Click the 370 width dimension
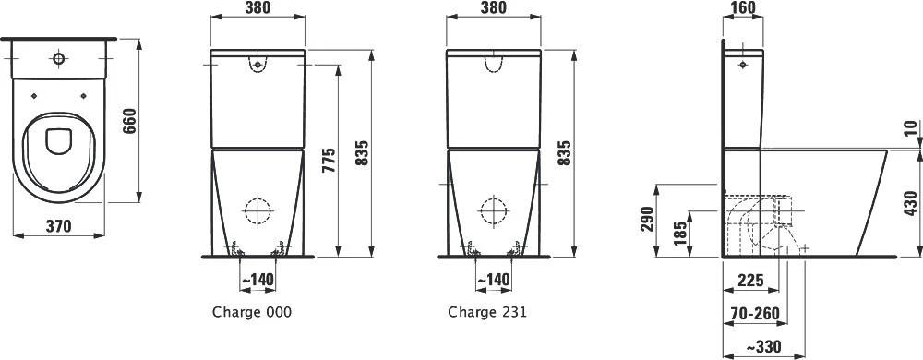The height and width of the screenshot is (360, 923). (x=58, y=225)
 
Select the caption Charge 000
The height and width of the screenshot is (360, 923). (x=251, y=312)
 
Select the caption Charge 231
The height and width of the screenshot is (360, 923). (x=486, y=312)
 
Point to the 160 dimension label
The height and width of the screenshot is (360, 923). (x=742, y=7)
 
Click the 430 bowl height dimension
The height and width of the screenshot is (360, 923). (x=910, y=203)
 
